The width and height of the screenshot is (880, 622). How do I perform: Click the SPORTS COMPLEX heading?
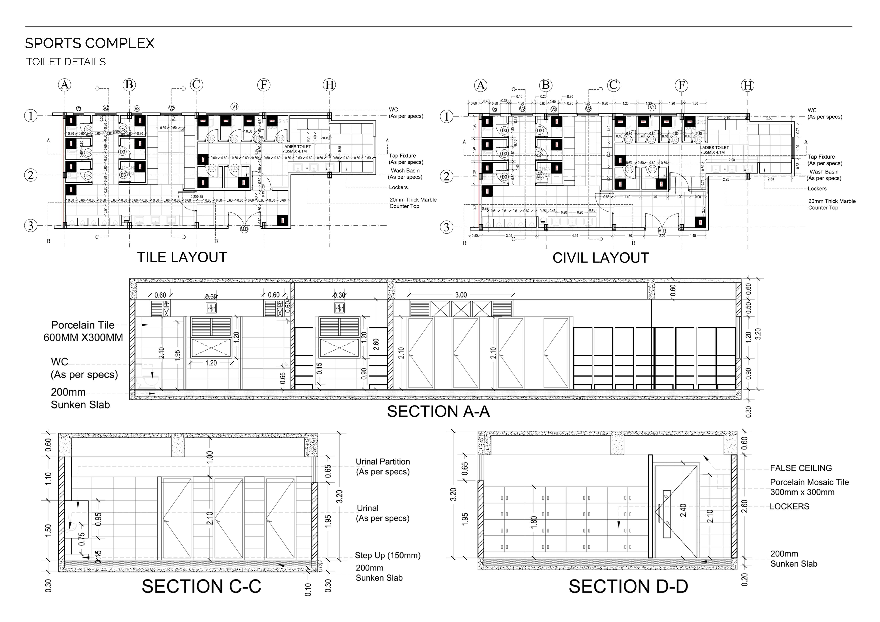click(90, 43)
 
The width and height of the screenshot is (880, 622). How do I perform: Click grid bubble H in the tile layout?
click(329, 85)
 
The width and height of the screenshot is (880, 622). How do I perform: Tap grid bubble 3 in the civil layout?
click(446, 227)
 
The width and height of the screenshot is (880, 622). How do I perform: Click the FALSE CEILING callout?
click(801, 468)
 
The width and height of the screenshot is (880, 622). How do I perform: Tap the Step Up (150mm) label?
click(387, 555)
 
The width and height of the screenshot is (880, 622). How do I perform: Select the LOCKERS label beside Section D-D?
click(789, 506)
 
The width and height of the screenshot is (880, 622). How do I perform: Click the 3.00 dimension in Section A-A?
click(461, 295)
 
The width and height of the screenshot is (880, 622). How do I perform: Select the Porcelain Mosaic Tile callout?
click(809, 487)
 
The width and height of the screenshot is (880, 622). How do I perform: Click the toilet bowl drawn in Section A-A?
click(150, 380)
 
